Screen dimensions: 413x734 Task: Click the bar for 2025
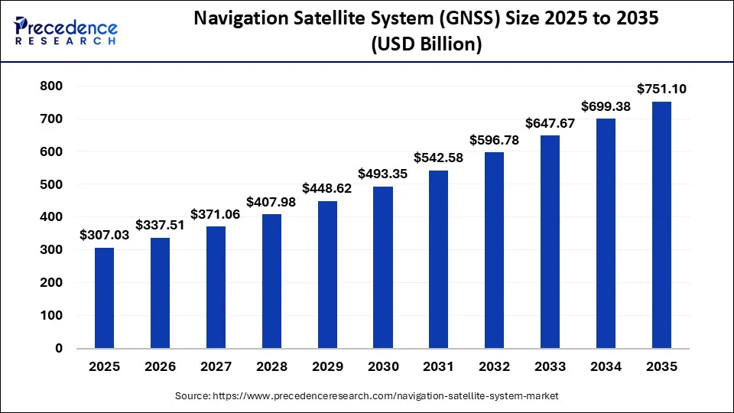105,298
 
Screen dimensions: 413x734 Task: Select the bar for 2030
383,267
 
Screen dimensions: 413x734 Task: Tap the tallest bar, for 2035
661,225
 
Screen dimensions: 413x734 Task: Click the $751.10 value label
661,89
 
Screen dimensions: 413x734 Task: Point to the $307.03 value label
105,235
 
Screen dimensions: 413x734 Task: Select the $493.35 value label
383,174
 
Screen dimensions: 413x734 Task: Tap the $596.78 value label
495,140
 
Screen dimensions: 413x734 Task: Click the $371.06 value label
216,213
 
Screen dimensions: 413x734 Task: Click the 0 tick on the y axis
59,348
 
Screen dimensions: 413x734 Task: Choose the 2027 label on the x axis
216,366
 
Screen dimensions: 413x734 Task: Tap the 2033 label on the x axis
550,366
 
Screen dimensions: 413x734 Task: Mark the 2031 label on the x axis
439,366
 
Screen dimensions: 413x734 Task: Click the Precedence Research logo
66,31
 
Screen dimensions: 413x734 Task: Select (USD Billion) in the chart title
427,44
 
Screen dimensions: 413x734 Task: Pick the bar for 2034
606,233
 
